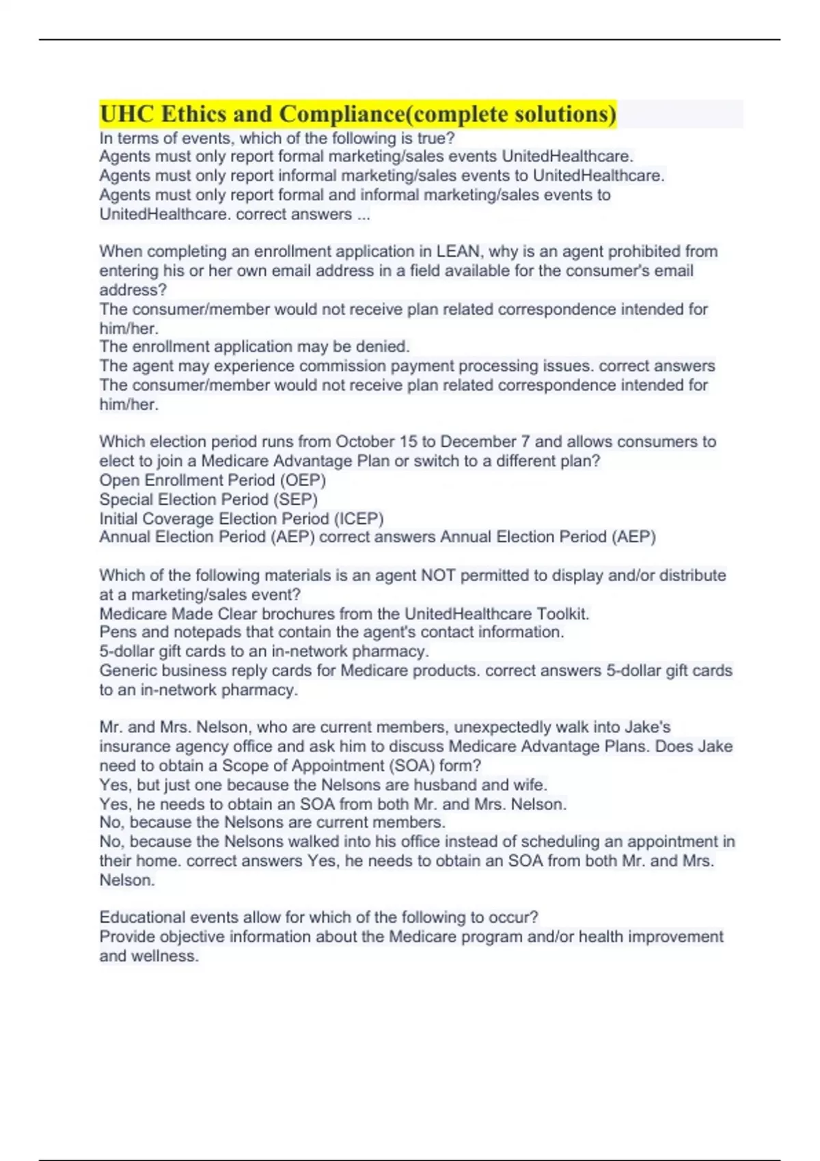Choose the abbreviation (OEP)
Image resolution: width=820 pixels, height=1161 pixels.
(303, 480)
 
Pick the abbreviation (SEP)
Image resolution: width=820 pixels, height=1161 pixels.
(295, 499)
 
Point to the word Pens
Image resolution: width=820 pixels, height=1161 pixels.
(118, 632)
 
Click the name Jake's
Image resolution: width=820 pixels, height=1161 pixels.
(646, 727)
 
